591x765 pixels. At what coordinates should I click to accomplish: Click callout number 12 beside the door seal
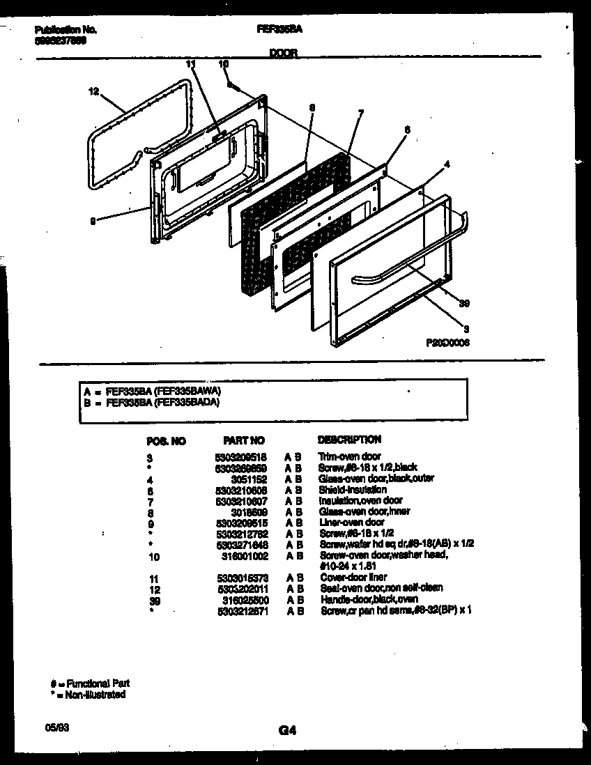[95, 90]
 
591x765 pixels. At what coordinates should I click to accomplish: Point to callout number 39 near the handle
[463, 302]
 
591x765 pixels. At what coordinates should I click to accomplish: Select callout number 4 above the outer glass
[447, 164]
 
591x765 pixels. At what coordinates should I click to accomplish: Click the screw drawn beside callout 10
[233, 86]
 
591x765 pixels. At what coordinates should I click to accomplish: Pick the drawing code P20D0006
[447, 343]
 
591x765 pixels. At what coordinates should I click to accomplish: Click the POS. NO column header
[167, 440]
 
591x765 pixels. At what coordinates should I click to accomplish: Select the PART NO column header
[243, 440]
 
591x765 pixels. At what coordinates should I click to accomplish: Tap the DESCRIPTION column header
[349, 440]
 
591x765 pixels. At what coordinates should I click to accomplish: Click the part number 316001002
[244, 555]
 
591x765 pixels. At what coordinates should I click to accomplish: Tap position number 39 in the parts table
[153, 599]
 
